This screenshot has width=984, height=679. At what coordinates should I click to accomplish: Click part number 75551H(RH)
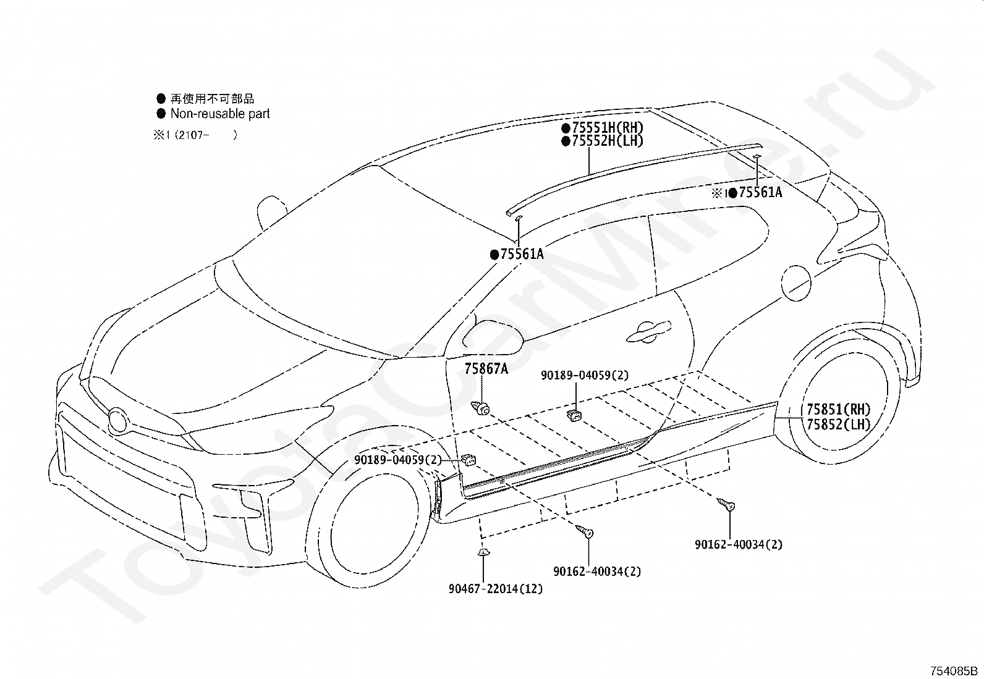point(608,128)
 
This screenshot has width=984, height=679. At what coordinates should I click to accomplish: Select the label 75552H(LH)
point(608,141)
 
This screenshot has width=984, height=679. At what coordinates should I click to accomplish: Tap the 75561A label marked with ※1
point(760,192)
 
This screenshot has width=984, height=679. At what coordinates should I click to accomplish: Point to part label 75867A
point(486,368)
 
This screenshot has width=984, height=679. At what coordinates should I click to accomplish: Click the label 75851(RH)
point(838,410)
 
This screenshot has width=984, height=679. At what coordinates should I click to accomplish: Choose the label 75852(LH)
point(838,424)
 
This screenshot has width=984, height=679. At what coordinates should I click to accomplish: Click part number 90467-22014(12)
point(496,589)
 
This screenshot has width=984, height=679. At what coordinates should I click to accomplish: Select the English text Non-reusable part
point(220,114)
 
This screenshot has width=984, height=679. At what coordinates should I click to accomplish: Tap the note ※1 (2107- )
point(195,135)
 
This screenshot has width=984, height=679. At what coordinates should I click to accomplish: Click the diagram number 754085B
point(952,671)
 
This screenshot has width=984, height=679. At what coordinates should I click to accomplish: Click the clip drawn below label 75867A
point(481,408)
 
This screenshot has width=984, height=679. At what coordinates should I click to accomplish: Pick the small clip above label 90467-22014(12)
point(483,552)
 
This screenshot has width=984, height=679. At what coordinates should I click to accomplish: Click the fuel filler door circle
point(796,283)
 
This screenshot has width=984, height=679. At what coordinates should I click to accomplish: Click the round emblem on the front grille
point(117,421)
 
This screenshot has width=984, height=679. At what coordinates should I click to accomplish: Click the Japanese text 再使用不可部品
point(212,98)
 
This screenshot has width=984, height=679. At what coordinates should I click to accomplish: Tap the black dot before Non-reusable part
point(161,113)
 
